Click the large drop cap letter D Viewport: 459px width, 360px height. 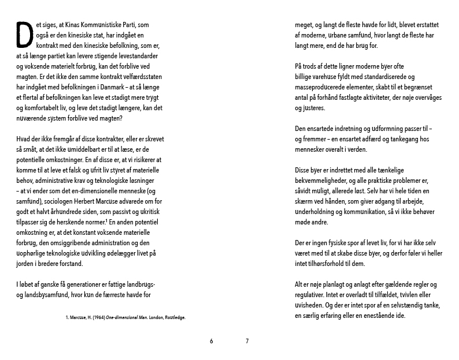24,35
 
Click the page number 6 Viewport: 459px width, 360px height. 212,341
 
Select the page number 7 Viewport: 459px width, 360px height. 247,341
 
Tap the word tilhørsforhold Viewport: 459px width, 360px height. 325,264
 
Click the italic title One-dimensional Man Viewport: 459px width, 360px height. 124,317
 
